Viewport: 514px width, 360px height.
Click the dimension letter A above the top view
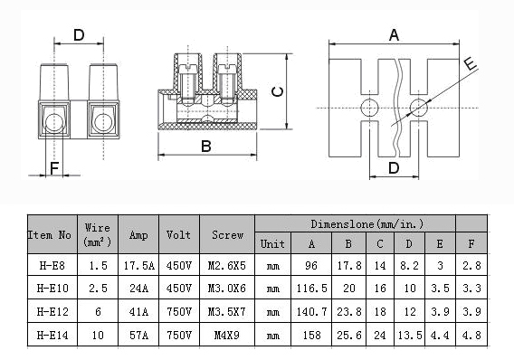click(394, 35)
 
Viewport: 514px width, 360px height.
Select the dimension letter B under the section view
click(205, 147)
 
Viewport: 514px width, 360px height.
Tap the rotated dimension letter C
click(278, 91)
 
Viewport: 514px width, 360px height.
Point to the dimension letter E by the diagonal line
click(471, 63)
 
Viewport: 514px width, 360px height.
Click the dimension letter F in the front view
click(54, 168)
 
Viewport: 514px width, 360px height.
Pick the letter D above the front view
click(79, 35)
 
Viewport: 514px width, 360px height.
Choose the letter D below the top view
click(394, 168)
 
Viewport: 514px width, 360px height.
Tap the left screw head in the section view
click(187, 69)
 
